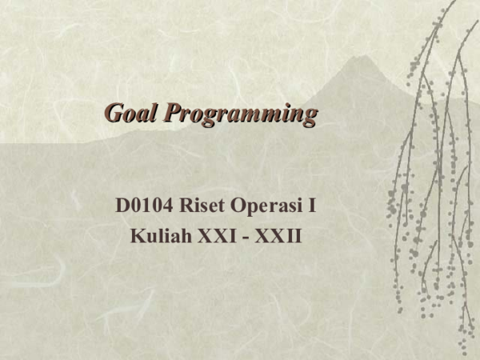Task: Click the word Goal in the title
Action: pos(132,114)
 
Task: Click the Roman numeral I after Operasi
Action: pos(311,206)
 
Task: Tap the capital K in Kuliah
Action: pos(137,236)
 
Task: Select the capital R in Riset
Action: pos(190,206)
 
